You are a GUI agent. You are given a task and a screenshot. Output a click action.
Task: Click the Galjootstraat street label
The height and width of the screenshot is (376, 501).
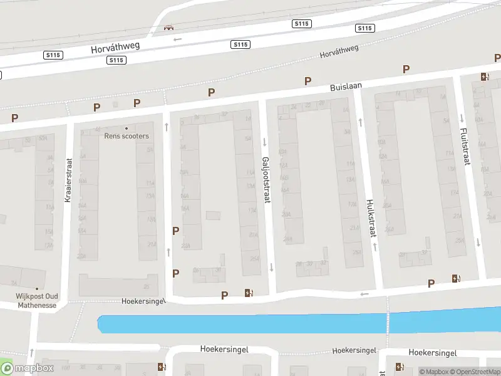(266, 179)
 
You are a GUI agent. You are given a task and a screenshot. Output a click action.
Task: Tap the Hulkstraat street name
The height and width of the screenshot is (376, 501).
(369, 218)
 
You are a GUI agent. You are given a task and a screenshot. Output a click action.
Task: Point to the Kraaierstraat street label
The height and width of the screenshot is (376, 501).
(68, 179)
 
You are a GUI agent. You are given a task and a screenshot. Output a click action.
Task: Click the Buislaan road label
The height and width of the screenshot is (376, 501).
(346, 88)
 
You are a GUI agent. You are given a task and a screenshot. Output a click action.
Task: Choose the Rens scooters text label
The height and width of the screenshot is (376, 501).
(127, 136)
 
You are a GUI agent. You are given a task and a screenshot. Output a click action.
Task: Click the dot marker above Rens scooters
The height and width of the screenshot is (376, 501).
(127, 128)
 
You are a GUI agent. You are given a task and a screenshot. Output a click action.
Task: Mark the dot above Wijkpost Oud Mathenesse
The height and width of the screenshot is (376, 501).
(36, 289)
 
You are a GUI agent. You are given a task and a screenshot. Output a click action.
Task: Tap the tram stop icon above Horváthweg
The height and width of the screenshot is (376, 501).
(167, 27)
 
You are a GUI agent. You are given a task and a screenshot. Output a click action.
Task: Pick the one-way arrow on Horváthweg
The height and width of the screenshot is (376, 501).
(177, 39)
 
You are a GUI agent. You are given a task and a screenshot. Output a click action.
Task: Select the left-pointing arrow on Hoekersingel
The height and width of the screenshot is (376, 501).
(364, 294)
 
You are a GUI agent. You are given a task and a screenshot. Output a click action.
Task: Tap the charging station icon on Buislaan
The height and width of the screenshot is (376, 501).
(484, 77)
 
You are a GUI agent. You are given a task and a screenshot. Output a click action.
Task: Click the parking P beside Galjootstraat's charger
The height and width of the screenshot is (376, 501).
(224, 295)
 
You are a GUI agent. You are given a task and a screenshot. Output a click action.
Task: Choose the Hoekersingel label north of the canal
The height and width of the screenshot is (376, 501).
(143, 301)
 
